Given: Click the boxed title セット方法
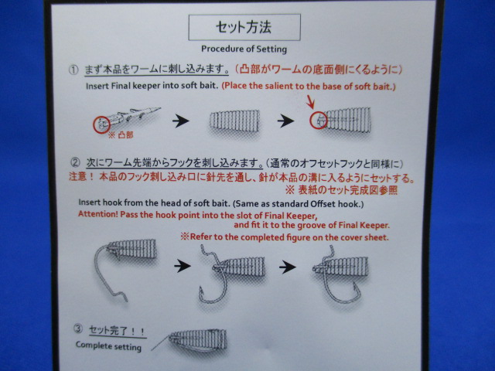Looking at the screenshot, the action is tap(244, 27).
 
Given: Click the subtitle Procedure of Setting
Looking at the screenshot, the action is tap(244, 49).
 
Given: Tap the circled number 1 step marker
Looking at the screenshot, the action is tap(73, 70).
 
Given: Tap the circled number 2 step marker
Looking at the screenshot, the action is tap(75, 162).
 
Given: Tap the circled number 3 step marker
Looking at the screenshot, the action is tap(78, 328).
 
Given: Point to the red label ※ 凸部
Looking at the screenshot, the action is tap(121, 135).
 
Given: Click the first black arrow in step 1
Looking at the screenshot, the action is tap(181, 121).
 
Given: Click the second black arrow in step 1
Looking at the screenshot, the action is tap(285, 121).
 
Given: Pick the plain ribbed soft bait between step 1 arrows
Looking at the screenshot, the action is tap(235, 121).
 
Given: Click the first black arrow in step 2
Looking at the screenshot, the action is tap(183, 266).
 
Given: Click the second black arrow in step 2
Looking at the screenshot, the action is tap(288, 267).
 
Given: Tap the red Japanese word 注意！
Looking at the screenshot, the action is tap(81, 176).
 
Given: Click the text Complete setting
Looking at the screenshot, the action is tap(108, 346).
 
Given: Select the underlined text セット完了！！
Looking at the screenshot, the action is tap(117, 331).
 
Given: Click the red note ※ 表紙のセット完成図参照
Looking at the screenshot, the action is tap(341, 190).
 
